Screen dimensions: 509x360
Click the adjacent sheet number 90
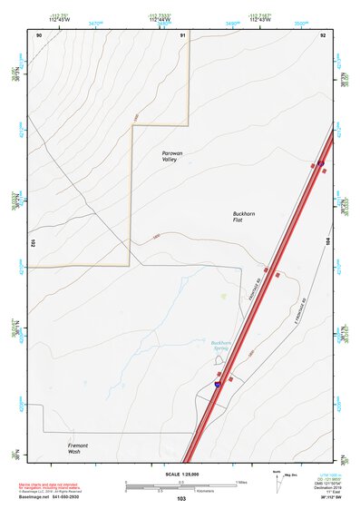pyautogui.click(x=39, y=34)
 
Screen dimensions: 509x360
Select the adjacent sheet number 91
pyautogui.click(x=182, y=34)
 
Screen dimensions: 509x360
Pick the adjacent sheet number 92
pyautogui.click(x=322, y=34)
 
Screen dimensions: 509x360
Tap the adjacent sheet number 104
pyautogui.click(x=327, y=243)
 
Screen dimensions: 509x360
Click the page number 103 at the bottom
pyautogui.click(x=181, y=499)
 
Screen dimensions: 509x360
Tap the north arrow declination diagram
pyautogui.click(x=279, y=479)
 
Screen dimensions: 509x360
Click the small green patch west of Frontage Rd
pyautogui.click(x=223, y=296)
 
